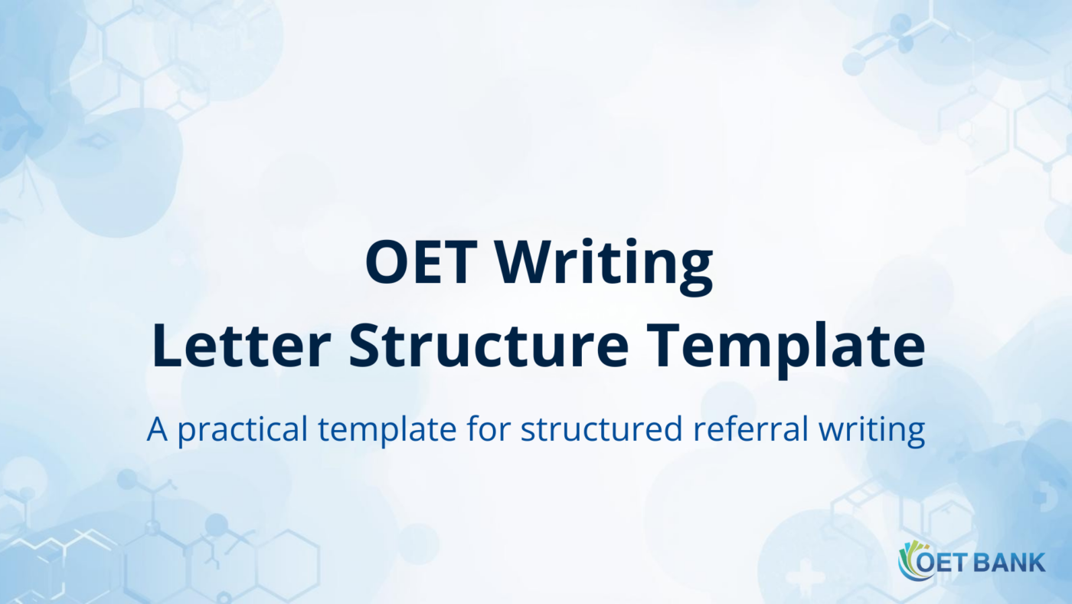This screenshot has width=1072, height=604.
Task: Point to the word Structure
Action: coord(489,346)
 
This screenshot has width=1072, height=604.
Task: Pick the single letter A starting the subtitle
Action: coord(156,430)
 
